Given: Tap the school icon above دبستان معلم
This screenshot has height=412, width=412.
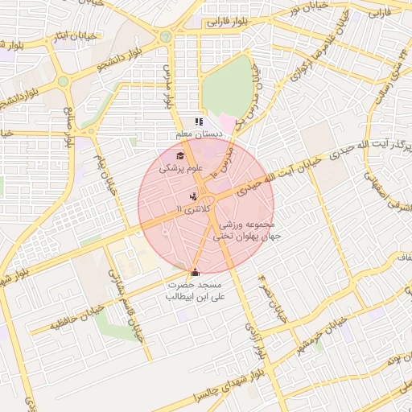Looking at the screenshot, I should click(199, 122).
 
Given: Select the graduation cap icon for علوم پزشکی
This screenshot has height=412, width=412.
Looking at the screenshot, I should click(180, 156).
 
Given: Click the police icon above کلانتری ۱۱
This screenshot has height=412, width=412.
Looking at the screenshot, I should click(192, 196).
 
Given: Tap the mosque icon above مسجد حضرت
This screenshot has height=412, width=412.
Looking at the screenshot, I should click(195, 272).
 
